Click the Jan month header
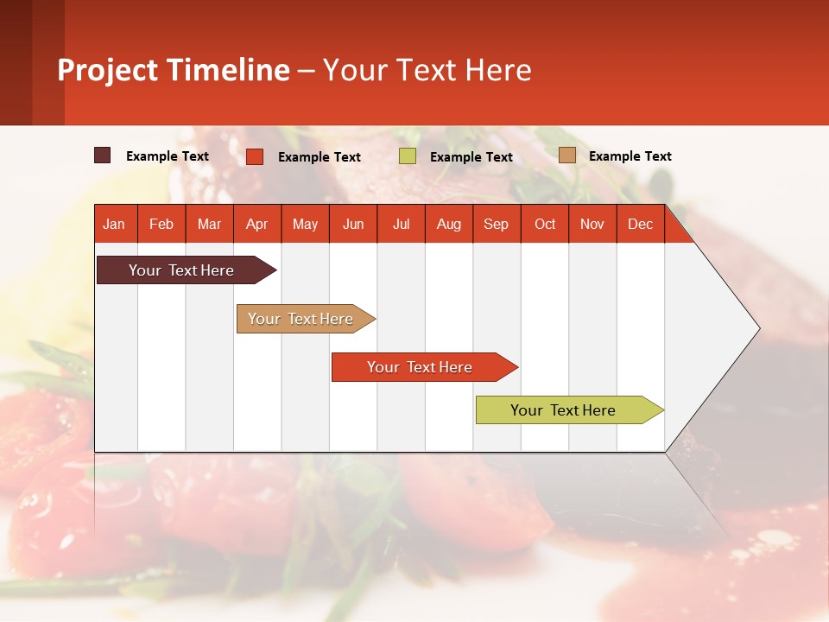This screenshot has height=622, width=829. click(x=115, y=224)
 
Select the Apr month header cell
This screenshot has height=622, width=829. click(x=257, y=224)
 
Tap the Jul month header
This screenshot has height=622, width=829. click(x=401, y=224)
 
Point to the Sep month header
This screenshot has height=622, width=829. click(x=496, y=224)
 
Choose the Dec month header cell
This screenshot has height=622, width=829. click(x=640, y=224)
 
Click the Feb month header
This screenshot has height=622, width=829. click(x=161, y=224)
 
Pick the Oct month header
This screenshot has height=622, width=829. click(x=545, y=224)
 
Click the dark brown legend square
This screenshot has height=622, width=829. click(x=103, y=155)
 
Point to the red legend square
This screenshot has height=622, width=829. click(x=255, y=156)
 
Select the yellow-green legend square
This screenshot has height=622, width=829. click(x=408, y=156)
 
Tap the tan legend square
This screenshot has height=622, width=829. click(x=566, y=155)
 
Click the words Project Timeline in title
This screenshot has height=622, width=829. click(x=174, y=70)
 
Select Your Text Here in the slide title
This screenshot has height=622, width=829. click(x=427, y=70)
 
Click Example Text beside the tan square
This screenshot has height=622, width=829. click(x=630, y=156)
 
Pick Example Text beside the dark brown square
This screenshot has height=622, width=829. click(x=168, y=156)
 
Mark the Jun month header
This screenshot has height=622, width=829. click(x=353, y=224)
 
